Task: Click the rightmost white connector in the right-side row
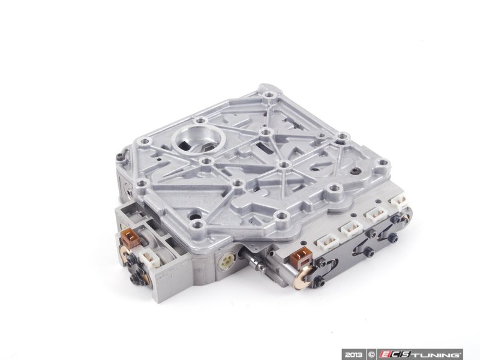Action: pyautogui.click(x=400, y=203)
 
